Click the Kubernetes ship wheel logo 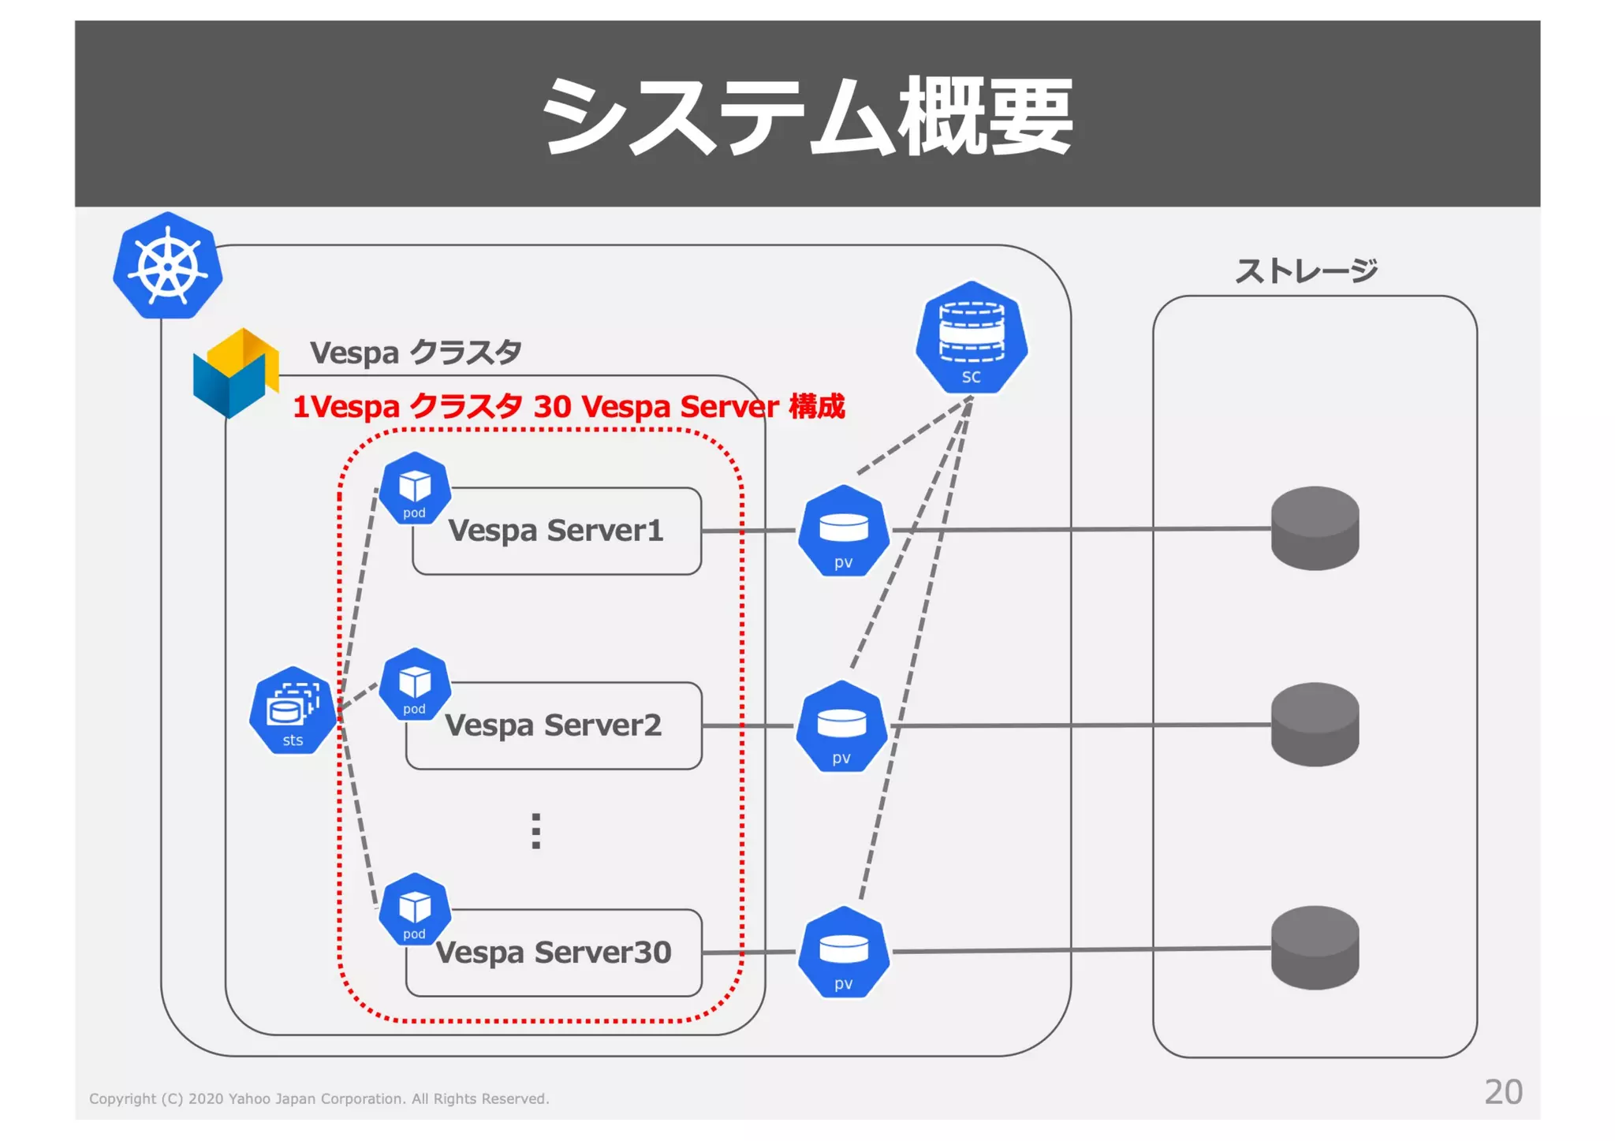tap(167, 267)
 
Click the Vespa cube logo tap(235, 373)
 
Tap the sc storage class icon tap(971, 338)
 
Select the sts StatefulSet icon tap(293, 710)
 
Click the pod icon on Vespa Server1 tap(415, 489)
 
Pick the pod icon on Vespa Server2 tap(415, 684)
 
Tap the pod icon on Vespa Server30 tap(415, 910)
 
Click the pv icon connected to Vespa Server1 tap(843, 531)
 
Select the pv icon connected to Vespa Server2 tap(841, 727)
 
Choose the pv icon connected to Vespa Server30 tap(843, 953)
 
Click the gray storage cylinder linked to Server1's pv tap(1315, 528)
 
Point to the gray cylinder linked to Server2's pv tap(1315, 724)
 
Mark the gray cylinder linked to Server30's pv tap(1315, 947)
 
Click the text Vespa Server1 tap(555, 531)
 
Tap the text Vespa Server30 tap(553, 953)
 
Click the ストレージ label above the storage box tap(1306, 270)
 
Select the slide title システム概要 tap(807, 116)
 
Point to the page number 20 tap(1503, 1092)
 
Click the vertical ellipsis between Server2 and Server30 tap(536, 831)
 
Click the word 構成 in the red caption tap(817, 407)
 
